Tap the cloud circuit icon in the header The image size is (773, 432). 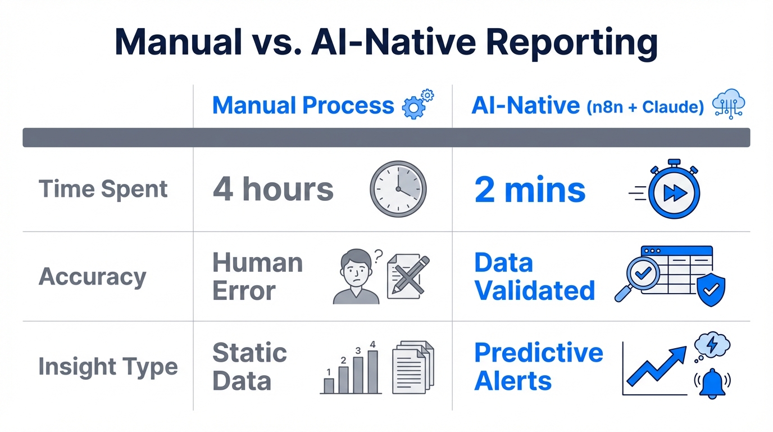click(x=728, y=105)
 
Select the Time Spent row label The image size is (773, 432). click(x=103, y=189)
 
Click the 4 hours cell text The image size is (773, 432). click(x=273, y=189)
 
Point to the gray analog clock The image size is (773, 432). click(x=398, y=189)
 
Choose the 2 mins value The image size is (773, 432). click(x=530, y=190)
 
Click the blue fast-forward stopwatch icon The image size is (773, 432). click(x=674, y=191)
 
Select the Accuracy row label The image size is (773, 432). click(x=93, y=277)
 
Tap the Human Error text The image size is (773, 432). click(x=258, y=277)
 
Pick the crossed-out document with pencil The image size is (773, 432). click(x=408, y=276)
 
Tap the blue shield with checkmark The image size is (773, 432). click(x=710, y=290)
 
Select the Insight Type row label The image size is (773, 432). click(x=108, y=367)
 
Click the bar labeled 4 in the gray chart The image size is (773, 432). click(x=372, y=371)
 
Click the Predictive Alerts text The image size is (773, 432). click(x=538, y=367)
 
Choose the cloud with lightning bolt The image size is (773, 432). click(x=712, y=344)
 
